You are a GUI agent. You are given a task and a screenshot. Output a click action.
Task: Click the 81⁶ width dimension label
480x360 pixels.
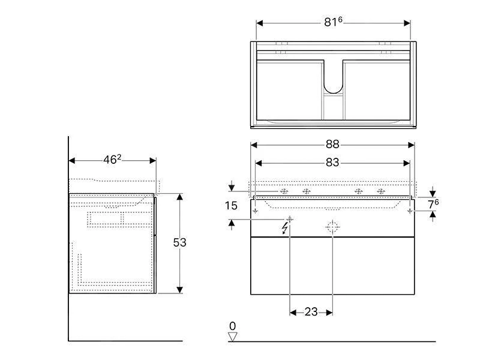(x=333, y=22)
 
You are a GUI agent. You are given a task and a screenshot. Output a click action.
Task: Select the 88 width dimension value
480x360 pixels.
(x=332, y=145)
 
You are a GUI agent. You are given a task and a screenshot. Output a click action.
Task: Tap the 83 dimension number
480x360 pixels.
(x=332, y=163)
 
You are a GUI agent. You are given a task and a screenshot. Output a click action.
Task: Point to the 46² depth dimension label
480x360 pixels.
(x=112, y=160)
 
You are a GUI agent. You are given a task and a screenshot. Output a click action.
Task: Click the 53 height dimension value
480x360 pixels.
(x=179, y=242)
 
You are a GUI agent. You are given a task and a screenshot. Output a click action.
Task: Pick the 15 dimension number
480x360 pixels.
(x=232, y=205)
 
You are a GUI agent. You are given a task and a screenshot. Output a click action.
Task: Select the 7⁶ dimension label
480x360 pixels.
(x=433, y=203)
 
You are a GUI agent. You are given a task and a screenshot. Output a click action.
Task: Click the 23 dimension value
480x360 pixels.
(x=311, y=312)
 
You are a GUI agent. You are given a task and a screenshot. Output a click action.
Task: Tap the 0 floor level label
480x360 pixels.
(x=233, y=326)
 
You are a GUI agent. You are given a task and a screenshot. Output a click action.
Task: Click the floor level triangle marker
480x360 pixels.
(x=233, y=337)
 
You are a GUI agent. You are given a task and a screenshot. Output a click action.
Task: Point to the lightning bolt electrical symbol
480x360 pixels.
(x=284, y=227)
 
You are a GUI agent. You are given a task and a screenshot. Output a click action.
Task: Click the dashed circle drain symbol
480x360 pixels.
(x=332, y=227)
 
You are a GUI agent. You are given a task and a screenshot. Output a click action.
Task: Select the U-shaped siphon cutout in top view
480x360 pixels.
(x=333, y=78)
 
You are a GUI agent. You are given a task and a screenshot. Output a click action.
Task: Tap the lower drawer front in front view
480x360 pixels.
(x=332, y=265)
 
